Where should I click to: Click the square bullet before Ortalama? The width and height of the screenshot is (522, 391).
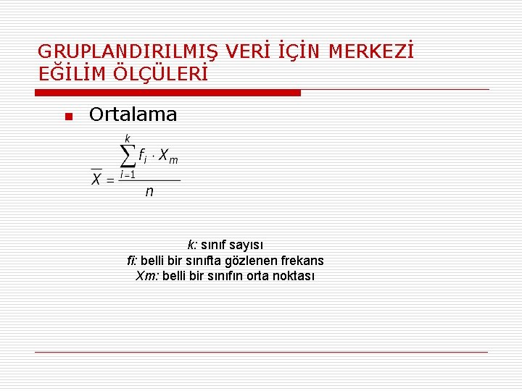pyautogui.click(x=67, y=117)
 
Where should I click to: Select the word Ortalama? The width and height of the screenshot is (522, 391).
pyautogui.click(x=133, y=114)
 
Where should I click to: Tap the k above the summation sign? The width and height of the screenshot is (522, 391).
pyautogui.click(x=128, y=138)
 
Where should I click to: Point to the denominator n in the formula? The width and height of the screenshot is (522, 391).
pyautogui.click(x=149, y=192)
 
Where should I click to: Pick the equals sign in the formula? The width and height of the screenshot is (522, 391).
pyautogui.click(x=110, y=180)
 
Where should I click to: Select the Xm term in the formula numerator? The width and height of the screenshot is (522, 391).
pyautogui.click(x=168, y=156)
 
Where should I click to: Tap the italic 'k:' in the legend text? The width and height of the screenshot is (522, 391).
pyautogui.click(x=192, y=245)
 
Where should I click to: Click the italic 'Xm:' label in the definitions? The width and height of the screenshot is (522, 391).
pyautogui.click(x=146, y=275)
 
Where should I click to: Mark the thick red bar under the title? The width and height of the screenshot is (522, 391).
pyautogui.click(x=168, y=93)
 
